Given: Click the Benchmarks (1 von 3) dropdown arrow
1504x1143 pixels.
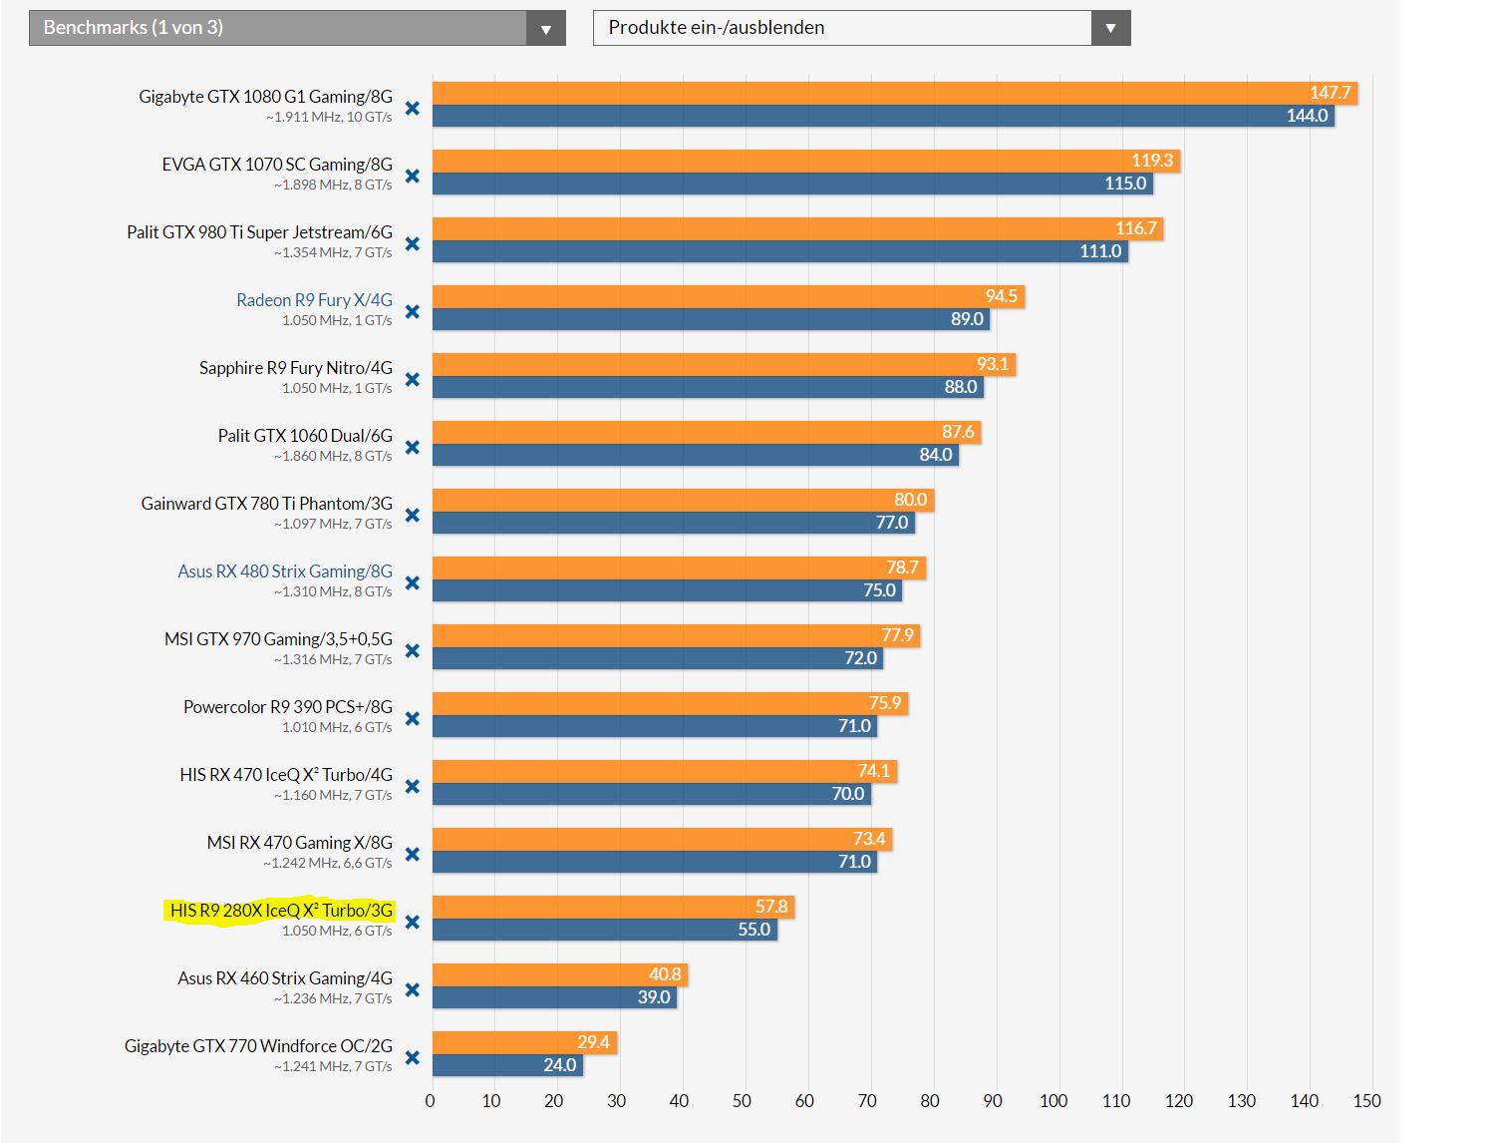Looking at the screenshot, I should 545,29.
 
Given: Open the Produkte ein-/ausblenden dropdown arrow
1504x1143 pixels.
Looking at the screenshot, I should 1110,29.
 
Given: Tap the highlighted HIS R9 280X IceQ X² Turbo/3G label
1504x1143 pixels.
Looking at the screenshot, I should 281,911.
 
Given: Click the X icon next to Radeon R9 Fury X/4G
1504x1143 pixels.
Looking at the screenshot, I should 413,312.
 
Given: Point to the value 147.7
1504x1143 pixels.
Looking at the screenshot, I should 1330,93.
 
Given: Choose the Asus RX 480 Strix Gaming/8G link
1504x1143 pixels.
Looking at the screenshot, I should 285,571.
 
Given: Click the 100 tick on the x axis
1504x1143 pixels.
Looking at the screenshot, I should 1053,1101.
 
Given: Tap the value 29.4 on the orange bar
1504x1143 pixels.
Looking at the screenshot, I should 593,1042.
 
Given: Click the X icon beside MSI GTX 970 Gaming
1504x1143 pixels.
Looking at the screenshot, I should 413,651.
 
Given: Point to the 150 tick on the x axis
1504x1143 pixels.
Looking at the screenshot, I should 1366,1101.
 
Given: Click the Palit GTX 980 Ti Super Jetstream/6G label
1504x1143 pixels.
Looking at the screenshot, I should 259,232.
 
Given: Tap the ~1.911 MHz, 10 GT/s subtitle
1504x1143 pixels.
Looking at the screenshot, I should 329,118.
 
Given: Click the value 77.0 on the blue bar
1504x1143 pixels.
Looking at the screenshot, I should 892,523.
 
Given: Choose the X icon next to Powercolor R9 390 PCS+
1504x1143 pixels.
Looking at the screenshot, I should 413,719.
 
